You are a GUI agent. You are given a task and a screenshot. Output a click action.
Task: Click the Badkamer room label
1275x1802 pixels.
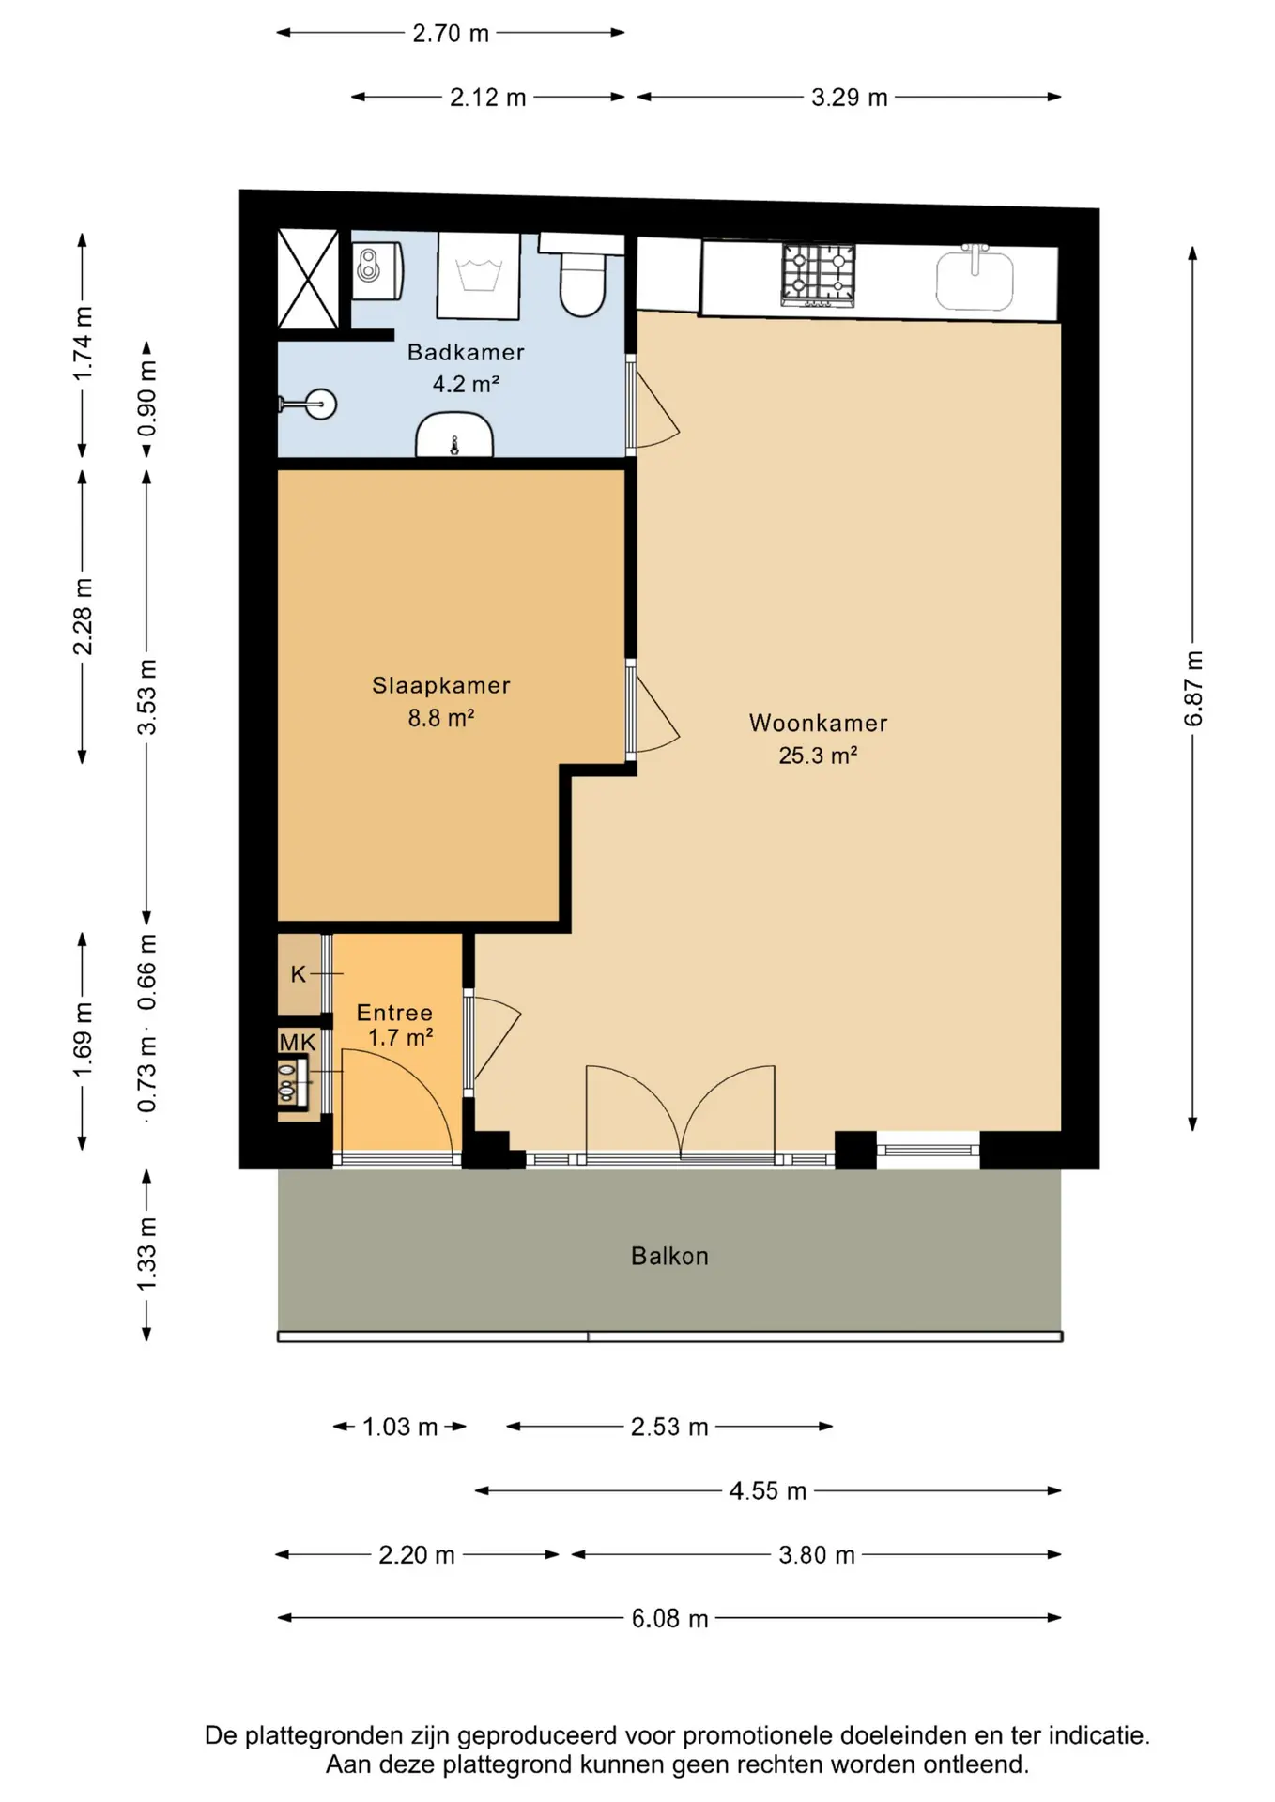tap(466, 352)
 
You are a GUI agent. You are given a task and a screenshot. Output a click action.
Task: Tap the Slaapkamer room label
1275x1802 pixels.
tap(441, 686)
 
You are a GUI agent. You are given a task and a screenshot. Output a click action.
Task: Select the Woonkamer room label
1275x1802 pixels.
tap(818, 723)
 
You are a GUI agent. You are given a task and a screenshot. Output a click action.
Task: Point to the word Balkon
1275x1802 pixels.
tap(669, 1256)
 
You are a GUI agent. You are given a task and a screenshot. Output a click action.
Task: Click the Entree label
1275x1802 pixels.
tap(394, 1013)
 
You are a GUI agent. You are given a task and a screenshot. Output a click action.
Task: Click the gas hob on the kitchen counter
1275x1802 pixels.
tap(819, 274)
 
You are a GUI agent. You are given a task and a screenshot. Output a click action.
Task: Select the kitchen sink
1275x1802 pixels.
tap(975, 278)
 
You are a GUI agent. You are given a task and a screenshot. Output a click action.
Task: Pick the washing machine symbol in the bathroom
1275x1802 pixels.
tap(479, 276)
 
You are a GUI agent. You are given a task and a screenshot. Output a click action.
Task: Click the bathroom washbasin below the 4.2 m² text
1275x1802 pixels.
tap(454, 435)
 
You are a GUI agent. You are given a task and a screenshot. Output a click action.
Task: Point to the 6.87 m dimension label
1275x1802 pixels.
tap(1192, 689)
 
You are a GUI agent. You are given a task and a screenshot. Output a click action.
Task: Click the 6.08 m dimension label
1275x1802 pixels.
tap(669, 1618)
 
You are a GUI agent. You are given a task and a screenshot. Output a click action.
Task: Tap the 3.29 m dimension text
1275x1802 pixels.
tap(850, 98)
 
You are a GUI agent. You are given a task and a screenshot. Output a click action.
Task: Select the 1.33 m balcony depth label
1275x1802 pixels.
tap(146, 1254)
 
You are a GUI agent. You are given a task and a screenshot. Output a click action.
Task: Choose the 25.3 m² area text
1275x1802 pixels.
tap(818, 756)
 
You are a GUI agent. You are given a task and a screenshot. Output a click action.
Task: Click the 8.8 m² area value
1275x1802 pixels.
tap(441, 719)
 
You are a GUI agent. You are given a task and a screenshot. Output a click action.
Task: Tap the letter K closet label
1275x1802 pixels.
tap(299, 974)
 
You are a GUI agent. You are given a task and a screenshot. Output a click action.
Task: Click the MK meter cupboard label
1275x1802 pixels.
tap(298, 1043)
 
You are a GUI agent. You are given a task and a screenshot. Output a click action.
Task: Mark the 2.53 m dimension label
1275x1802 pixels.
tap(669, 1427)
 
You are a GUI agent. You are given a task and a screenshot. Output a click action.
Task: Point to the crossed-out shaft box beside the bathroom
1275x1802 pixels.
tap(308, 280)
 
